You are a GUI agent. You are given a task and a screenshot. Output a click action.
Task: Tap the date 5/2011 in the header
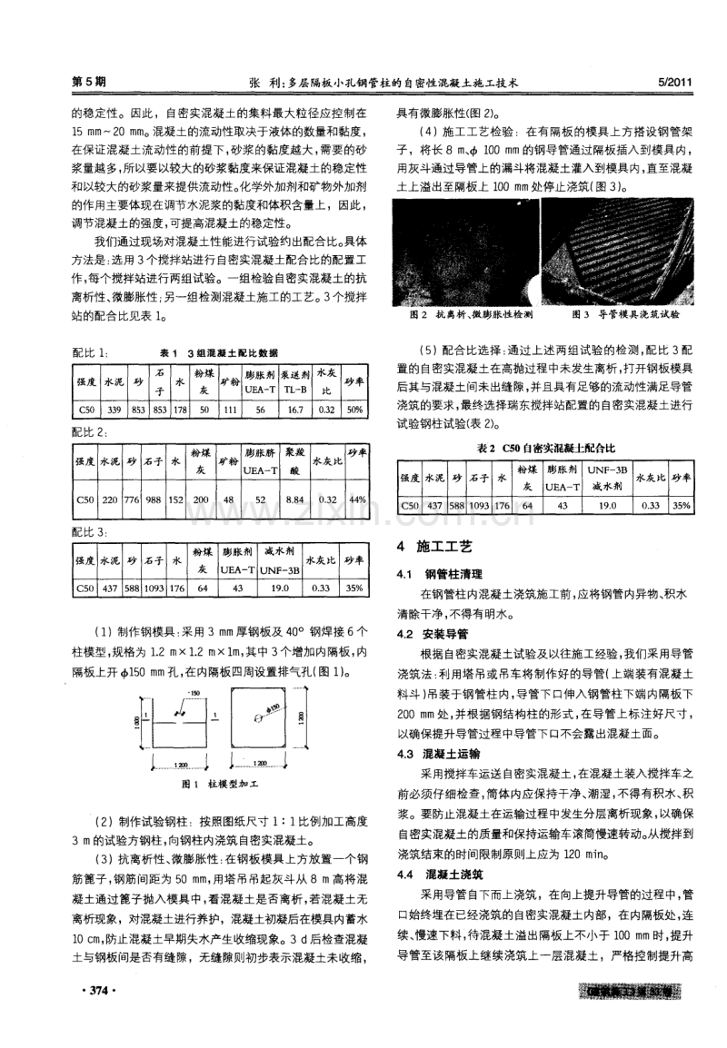[673, 81]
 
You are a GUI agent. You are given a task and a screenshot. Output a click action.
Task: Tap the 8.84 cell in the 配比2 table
[294, 499]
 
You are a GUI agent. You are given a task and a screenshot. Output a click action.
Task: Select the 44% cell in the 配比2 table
[357, 499]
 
